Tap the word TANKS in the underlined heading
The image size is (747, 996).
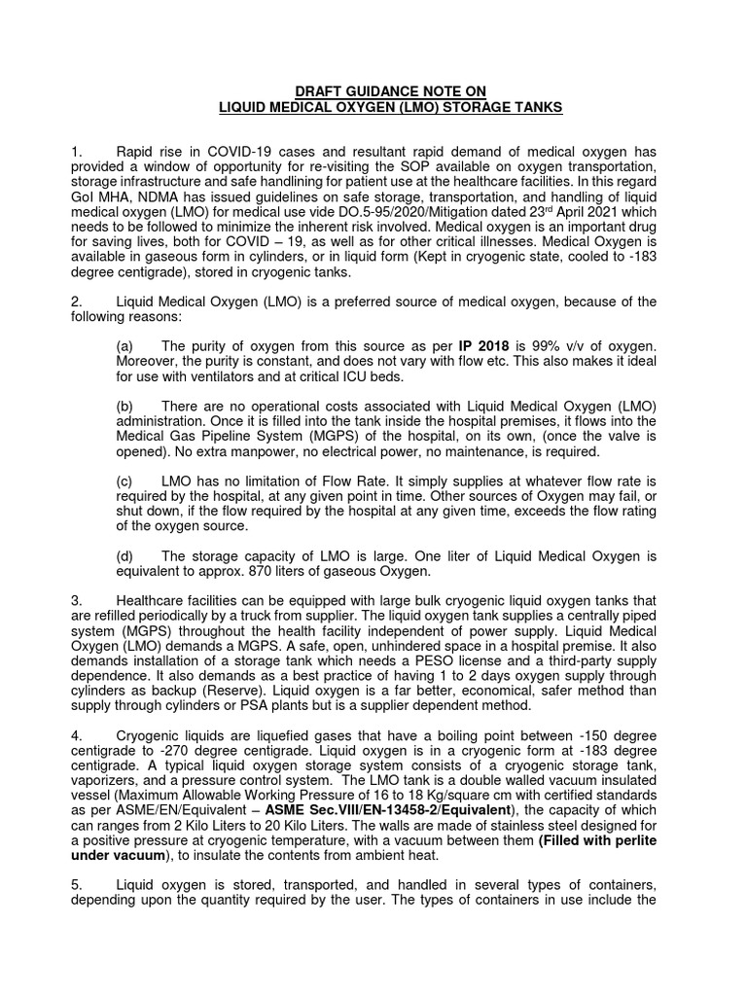coord(535,107)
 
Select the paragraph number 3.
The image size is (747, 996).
coord(77,601)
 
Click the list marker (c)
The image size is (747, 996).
coord(124,481)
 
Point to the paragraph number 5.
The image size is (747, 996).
coord(77,887)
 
